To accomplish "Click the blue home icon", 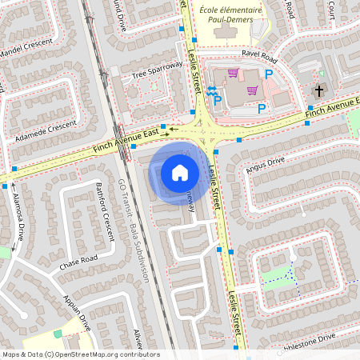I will coord(180,172).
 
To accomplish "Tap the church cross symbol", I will coord(318,90).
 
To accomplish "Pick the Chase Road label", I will coord(78,260).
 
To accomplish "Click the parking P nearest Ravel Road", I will coord(269,74).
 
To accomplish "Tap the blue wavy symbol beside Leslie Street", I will coord(213,91).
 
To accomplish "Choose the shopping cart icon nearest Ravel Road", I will coord(233,73).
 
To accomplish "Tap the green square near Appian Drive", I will coord(57,333).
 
